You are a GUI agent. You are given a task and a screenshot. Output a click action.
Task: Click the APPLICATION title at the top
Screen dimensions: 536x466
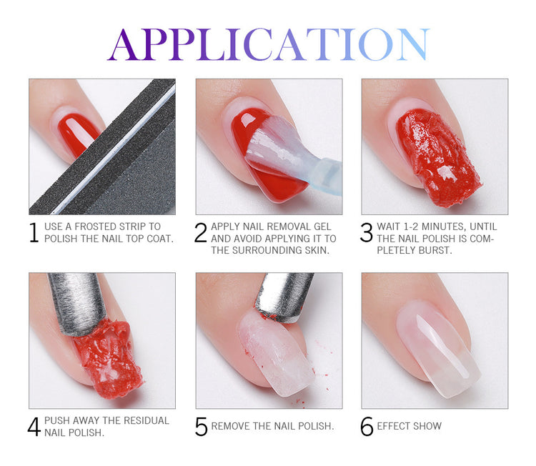268,44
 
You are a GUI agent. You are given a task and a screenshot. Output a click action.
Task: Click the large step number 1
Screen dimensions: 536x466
34,232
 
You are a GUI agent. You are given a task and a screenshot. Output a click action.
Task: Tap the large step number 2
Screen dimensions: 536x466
201,232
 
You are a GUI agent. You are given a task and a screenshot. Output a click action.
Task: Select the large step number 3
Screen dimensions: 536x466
367,232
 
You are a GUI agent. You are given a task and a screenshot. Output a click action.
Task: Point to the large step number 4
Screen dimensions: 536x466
34,427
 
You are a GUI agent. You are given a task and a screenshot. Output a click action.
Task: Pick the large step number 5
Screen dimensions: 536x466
202,427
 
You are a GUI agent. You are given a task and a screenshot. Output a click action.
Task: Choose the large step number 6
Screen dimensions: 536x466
367,427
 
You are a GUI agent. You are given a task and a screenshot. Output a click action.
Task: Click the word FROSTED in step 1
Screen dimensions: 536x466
96,227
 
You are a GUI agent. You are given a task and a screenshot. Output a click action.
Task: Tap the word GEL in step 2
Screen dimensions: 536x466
322,227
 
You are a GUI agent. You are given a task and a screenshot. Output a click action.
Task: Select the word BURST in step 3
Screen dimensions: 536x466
437,250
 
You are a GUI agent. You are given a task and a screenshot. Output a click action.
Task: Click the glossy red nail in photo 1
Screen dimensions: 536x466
78,134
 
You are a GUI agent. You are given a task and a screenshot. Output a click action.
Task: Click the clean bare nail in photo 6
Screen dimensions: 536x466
438,347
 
